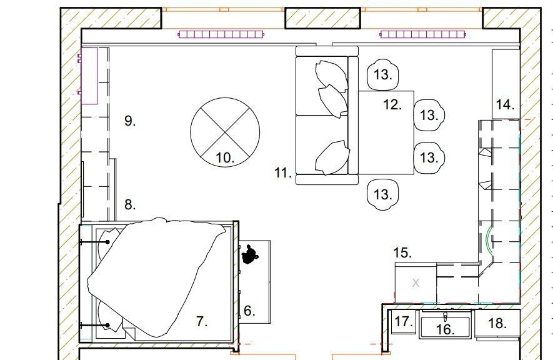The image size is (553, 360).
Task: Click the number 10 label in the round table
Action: point(225,157)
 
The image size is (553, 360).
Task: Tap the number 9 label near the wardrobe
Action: point(130,121)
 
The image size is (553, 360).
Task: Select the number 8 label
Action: point(130,204)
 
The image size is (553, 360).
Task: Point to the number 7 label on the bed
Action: point(202,322)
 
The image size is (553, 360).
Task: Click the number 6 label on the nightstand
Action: point(249,311)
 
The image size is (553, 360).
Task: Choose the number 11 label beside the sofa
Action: point(283,172)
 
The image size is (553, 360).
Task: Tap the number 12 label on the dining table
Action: point(392,105)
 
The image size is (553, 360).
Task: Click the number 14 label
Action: point(505,105)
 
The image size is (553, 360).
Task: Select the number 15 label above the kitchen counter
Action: point(402,252)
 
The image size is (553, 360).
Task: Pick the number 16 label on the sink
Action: point(446,329)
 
